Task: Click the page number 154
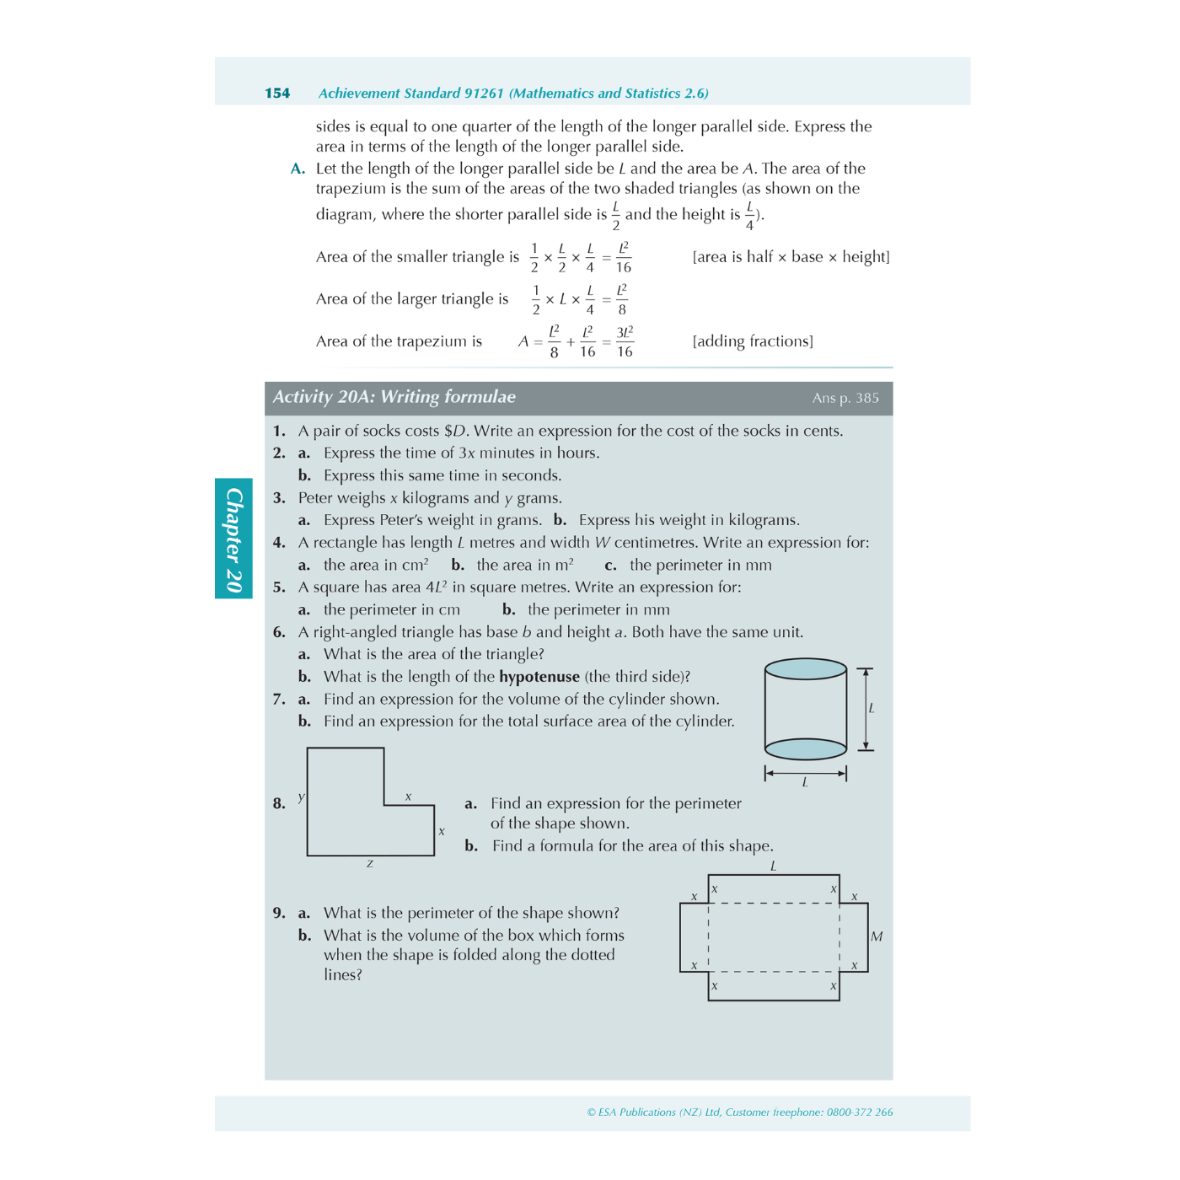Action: (x=277, y=94)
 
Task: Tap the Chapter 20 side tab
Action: (x=233, y=539)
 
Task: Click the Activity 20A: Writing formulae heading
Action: (x=394, y=397)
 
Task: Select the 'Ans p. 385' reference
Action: (x=845, y=398)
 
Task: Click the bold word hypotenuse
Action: (x=539, y=677)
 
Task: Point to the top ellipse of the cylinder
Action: (x=805, y=669)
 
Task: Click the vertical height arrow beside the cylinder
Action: (x=865, y=709)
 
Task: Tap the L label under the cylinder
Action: (x=805, y=783)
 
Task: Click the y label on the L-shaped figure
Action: (x=301, y=796)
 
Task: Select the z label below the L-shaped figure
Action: (x=369, y=864)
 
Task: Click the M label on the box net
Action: (x=877, y=936)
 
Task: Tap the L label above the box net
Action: (x=773, y=866)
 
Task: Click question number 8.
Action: (x=279, y=803)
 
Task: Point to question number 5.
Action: (x=279, y=587)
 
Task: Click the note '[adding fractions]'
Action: (x=753, y=341)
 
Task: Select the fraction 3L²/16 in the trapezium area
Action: (x=625, y=341)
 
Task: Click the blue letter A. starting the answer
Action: (x=298, y=169)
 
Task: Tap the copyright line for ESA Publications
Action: (x=739, y=1113)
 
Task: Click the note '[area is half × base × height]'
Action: (x=791, y=257)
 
